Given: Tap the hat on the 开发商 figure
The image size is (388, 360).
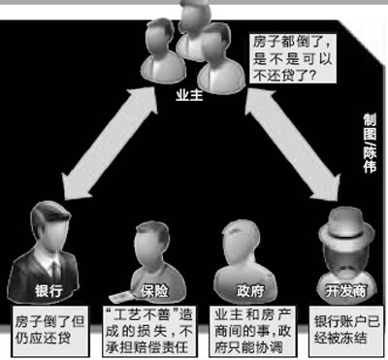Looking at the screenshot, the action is click(x=341, y=216).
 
